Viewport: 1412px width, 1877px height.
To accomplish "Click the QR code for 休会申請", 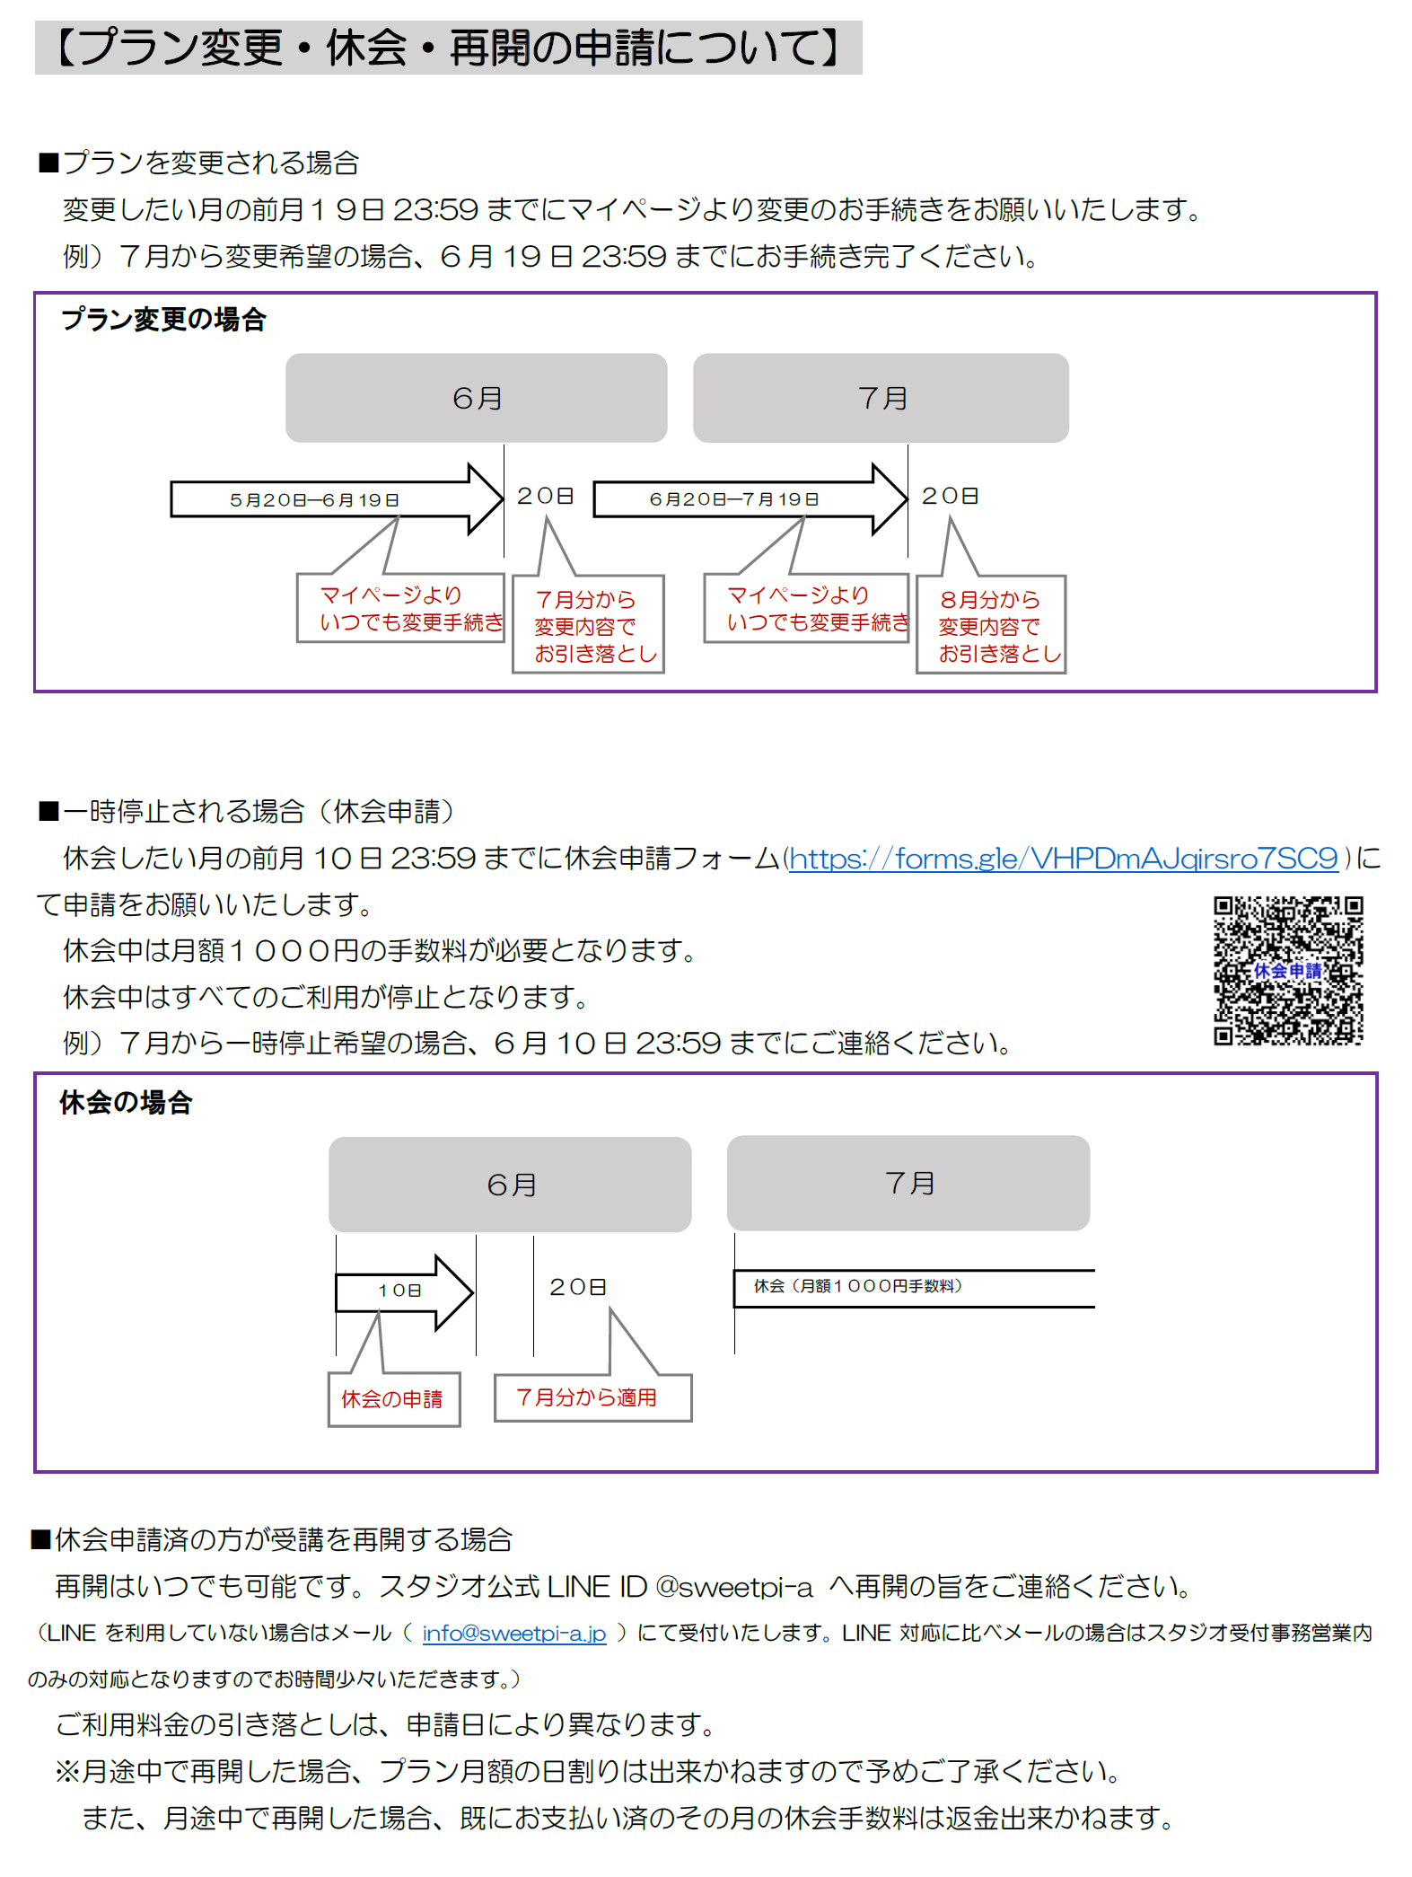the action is coord(1288,970).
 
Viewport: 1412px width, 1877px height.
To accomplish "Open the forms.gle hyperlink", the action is coord(1064,859).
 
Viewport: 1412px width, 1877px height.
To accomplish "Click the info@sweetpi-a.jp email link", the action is coord(514,1633).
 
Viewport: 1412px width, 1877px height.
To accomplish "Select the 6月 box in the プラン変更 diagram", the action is coord(476,398).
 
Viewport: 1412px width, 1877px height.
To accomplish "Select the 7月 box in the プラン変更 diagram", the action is coord(881,398).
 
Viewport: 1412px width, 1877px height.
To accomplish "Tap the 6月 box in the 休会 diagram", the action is coord(510,1185).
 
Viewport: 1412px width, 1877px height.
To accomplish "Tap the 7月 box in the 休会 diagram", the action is coord(908,1183).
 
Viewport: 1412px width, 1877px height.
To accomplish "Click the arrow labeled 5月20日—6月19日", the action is coord(337,499).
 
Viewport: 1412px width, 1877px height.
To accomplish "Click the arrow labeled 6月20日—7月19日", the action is coord(750,499).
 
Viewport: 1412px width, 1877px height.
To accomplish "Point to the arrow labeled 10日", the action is coord(404,1291).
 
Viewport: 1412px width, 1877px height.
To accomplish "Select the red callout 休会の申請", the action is coord(393,1398).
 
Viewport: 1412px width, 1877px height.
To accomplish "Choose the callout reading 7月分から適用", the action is coord(592,1397).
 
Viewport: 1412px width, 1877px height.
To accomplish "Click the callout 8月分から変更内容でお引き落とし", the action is coord(991,625).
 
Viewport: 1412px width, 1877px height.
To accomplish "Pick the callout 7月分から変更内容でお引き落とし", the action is coord(588,625).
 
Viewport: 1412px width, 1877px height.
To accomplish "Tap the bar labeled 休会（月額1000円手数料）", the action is coord(914,1288).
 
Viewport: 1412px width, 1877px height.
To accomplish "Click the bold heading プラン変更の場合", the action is coord(163,320).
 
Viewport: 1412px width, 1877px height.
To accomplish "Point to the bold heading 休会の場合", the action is coord(126,1103).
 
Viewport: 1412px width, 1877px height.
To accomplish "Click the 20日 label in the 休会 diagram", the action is coord(578,1287).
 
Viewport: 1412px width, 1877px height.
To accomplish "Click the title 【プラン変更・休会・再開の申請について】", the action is coord(449,48).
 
